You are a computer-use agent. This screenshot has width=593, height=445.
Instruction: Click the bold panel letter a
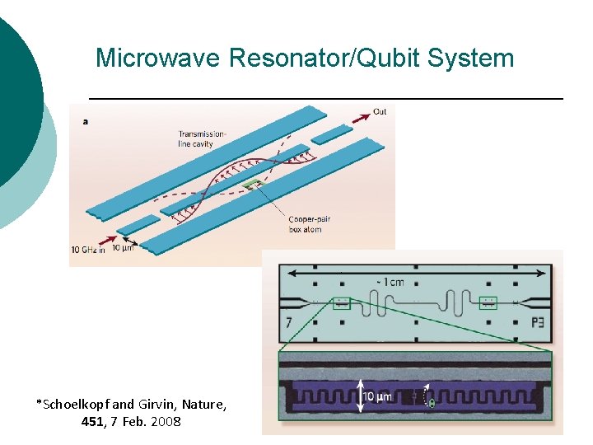[86, 122]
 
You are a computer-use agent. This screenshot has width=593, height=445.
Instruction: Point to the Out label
[380, 111]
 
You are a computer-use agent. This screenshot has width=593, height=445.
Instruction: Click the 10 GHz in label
[88, 249]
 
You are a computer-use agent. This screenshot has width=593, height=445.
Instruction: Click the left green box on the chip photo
[342, 303]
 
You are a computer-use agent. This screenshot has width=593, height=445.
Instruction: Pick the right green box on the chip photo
[488, 302]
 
